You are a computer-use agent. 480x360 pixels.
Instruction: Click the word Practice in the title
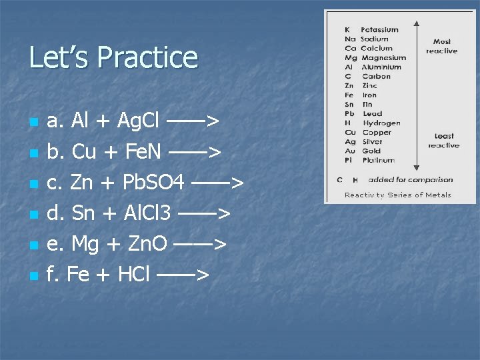[148, 57]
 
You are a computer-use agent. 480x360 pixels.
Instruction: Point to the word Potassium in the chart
[379, 29]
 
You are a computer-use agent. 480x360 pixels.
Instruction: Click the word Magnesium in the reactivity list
[383, 57]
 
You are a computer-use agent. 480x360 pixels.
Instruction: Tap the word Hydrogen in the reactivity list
[381, 123]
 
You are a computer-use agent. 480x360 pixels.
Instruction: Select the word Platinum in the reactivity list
[379, 160]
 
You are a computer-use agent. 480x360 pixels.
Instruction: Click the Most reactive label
[442, 46]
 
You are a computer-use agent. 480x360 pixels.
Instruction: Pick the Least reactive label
[443, 141]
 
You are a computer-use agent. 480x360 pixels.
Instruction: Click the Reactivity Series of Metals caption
[397, 195]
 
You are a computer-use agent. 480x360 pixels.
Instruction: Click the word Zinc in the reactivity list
[369, 85]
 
